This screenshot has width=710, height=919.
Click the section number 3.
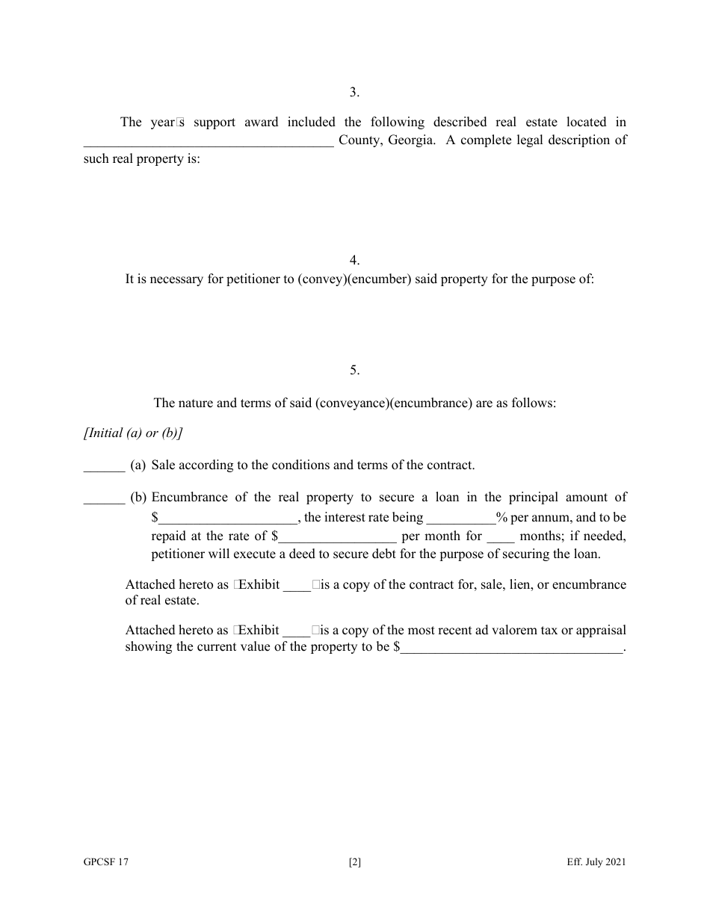tap(355, 92)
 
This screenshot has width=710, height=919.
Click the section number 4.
tap(355, 260)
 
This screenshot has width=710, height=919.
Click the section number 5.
tap(355, 370)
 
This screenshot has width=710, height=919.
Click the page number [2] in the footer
tap(355, 862)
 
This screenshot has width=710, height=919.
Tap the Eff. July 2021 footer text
tap(596, 862)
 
